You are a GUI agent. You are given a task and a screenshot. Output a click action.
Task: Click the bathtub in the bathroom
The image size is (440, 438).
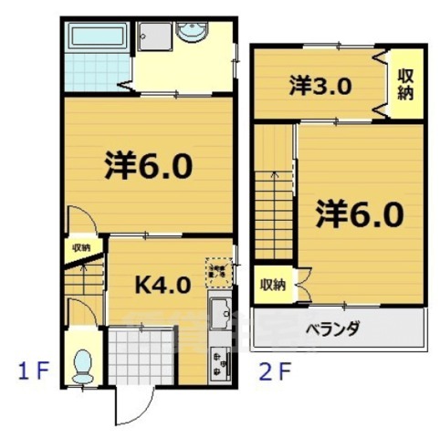coord(97,39)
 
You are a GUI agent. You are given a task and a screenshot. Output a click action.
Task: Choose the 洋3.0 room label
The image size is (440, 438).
coord(321,88)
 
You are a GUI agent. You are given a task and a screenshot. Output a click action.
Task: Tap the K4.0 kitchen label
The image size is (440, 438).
coord(162,285)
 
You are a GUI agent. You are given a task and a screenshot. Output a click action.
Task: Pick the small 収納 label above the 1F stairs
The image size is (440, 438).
coord(80,248)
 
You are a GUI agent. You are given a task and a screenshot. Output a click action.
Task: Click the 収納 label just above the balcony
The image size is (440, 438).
coord(272,285)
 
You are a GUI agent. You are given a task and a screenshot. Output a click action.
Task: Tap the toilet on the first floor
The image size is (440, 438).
coord(83,364)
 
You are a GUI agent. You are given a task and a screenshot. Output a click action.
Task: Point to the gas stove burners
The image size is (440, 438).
coord(219,363)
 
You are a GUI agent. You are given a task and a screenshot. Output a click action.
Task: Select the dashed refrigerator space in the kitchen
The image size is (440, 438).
coord(220,270)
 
